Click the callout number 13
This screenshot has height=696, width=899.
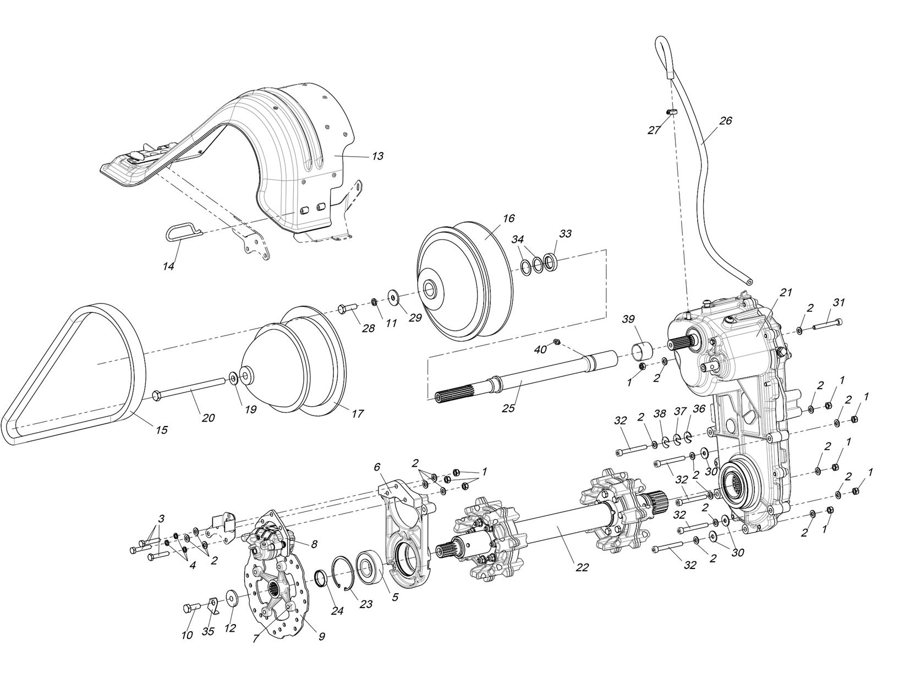[377, 156]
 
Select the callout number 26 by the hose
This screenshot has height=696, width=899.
[726, 120]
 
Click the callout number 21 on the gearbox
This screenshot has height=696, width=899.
[786, 292]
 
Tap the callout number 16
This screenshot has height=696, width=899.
[508, 218]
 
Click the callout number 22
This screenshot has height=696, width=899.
[582, 567]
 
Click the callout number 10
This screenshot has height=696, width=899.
[187, 635]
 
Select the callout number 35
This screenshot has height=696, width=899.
[207, 632]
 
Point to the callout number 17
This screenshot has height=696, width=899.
[357, 413]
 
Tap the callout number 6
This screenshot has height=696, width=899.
[377, 467]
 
